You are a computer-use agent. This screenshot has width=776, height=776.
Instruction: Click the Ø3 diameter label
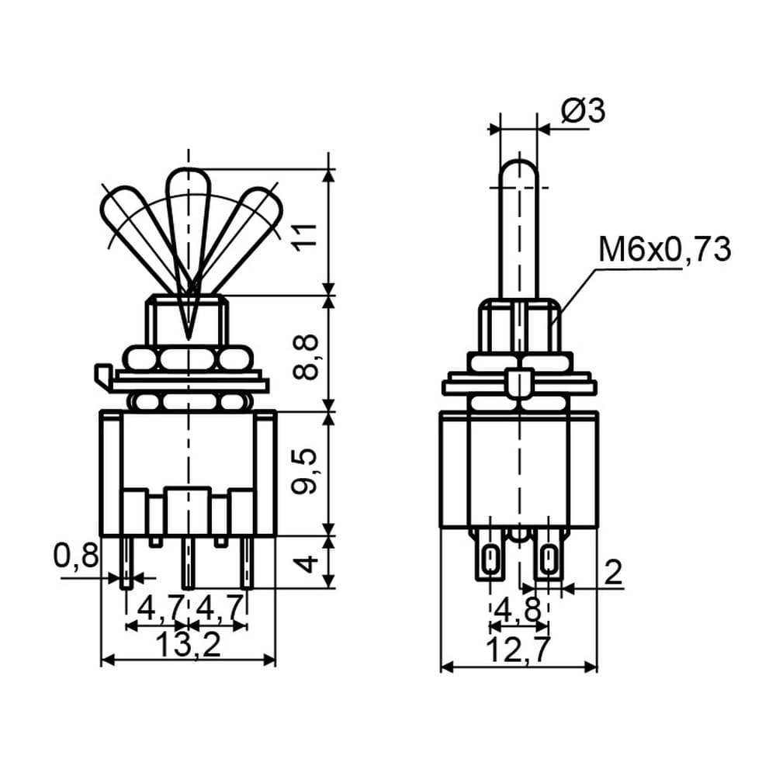coord(583,110)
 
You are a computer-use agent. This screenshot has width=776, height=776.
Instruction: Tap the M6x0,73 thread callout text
coord(665,249)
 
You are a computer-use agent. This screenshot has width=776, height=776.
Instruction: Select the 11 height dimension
coord(306,237)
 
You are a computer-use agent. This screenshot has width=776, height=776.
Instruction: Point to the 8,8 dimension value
coord(305,357)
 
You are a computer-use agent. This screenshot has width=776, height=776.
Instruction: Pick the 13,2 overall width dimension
coord(188,645)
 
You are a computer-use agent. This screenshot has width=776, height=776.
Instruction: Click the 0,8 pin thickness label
coord(76,556)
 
